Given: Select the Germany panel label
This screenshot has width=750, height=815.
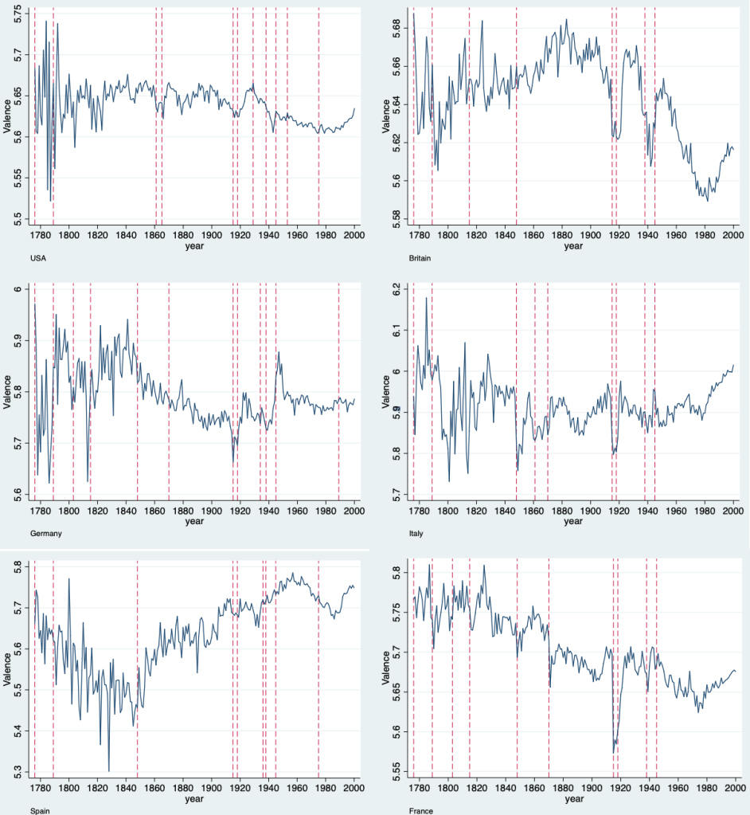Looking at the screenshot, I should click(18, 533).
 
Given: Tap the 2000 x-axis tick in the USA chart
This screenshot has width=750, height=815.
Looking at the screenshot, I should click(354, 236).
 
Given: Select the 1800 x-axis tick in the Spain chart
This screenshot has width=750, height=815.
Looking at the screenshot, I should click(68, 788).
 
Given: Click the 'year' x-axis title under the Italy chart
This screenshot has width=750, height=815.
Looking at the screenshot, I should click(573, 521).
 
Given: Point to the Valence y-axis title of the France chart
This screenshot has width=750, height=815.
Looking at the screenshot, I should click(385, 669).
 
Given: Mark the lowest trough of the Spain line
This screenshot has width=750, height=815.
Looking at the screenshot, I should click(109, 770).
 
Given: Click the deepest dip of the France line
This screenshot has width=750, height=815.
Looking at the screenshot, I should click(614, 753).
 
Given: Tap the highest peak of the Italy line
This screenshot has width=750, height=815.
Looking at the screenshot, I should click(427, 299).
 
